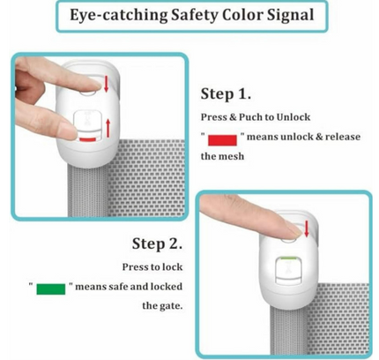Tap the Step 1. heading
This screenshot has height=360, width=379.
coord(226,94)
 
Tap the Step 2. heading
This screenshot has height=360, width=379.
coord(157,244)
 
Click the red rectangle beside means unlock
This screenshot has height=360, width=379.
coord(222,140)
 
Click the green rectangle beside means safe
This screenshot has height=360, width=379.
coord(51,289)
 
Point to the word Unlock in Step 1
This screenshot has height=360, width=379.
coord(294,117)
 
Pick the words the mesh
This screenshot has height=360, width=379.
coord(222,156)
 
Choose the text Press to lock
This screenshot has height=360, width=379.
coord(152,267)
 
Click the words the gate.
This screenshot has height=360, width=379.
coord(162,306)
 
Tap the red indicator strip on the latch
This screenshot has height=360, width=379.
coord(87,139)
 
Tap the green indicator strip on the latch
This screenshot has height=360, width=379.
coord(288,258)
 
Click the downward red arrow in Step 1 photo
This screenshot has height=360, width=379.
coord(106,84)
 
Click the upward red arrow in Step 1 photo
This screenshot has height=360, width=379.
coord(108,128)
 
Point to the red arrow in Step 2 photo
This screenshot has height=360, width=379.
coord(307,229)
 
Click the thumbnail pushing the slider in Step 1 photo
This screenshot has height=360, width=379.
coord(69,131)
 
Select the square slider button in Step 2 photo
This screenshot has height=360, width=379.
coord(288,271)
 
